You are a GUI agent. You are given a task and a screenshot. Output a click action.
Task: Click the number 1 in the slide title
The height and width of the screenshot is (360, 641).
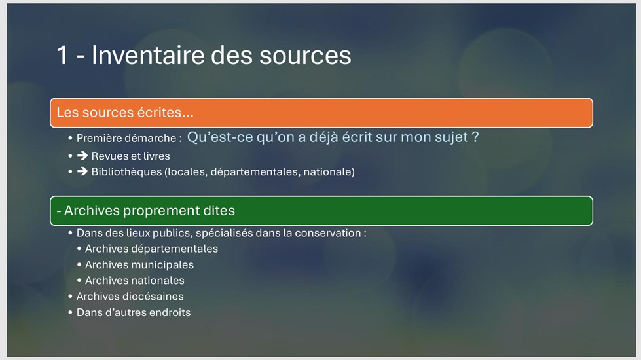pyautogui.click(x=62, y=55)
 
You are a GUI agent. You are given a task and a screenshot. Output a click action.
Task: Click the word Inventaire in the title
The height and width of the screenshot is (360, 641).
pyautogui.click(x=147, y=55)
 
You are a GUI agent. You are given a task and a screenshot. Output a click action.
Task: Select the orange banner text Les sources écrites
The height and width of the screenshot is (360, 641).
pyautogui.click(x=124, y=113)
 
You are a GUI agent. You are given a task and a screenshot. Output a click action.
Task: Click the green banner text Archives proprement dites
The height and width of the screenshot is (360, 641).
pyautogui.click(x=145, y=211)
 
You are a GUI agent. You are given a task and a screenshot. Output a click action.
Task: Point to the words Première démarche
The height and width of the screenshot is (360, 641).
pyautogui.click(x=126, y=138)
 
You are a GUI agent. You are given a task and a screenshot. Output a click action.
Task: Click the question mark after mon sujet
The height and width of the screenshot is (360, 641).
pyautogui.click(x=475, y=137)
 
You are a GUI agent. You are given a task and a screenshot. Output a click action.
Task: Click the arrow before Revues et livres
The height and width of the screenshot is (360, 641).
pyautogui.click(x=82, y=156)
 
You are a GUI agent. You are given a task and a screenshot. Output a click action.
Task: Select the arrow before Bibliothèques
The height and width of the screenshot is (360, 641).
pyautogui.click(x=82, y=171)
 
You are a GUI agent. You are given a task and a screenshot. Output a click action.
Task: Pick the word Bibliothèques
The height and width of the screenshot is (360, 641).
pyautogui.click(x=127, y=171)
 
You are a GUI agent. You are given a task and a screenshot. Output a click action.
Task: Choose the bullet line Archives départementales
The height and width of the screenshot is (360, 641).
pyautogui.click(x=151, y=249)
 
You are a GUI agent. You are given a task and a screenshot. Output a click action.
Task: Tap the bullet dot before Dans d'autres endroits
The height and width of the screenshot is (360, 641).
pyautogui.click(x=70, y=312)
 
